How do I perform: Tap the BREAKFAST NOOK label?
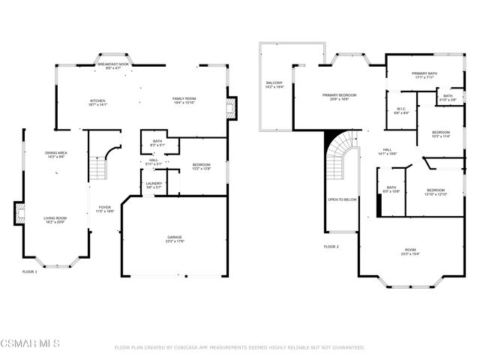pyautogui.click(x=113, y=66)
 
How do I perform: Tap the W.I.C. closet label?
pyautogui.click(x=401, y=111)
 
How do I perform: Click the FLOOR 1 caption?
pyautogui.click(x=29, y=271)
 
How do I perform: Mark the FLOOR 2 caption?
pyautogui.click(x=331, y=246)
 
